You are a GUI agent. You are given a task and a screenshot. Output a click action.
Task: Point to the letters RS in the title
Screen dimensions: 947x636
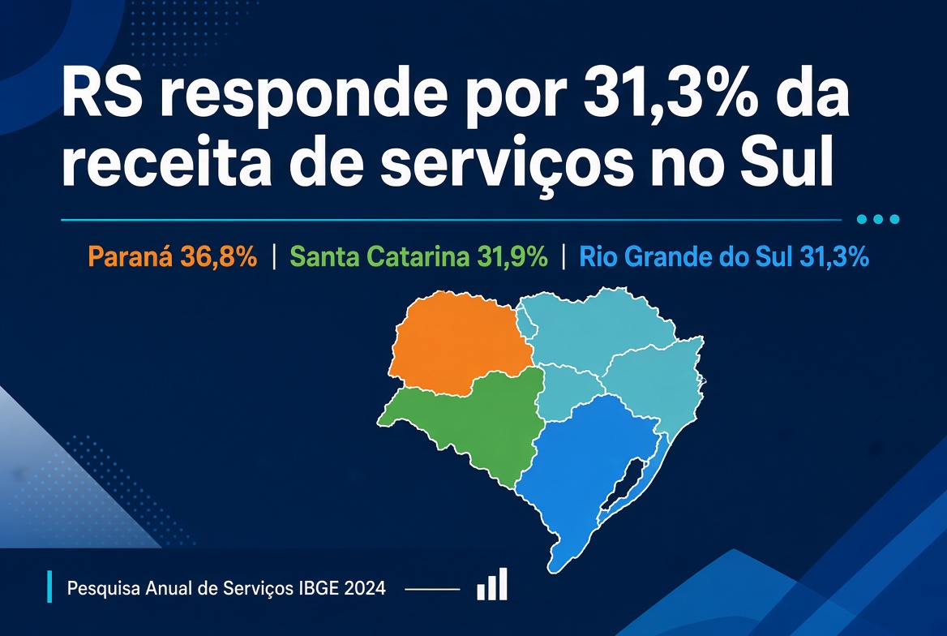pyautogui.click(x=101, y=94)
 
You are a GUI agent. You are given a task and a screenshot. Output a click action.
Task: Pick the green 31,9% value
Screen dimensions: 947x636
pyautogui.click(x=512, y=257)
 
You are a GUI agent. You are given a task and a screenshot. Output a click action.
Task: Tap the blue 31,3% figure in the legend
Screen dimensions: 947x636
pyautogui.click(x=834, y=257)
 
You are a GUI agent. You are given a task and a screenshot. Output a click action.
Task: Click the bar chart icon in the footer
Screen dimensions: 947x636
pyautogui.click(x=492, y=584)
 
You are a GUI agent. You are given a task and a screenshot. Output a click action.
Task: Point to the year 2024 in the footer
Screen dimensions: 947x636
pyautogui.click(x=365, y=588)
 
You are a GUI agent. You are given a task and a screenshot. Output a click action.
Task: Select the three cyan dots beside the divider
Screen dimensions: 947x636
pyautogui.click(x=878, y=220)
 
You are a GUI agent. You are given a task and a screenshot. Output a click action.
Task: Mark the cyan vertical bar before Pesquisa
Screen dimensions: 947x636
pyautogui.click(x=49, y=587)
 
